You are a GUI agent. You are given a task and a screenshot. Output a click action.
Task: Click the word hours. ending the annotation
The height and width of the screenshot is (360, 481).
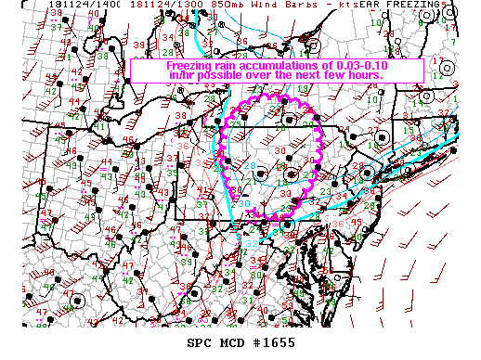tap(380, 75)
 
